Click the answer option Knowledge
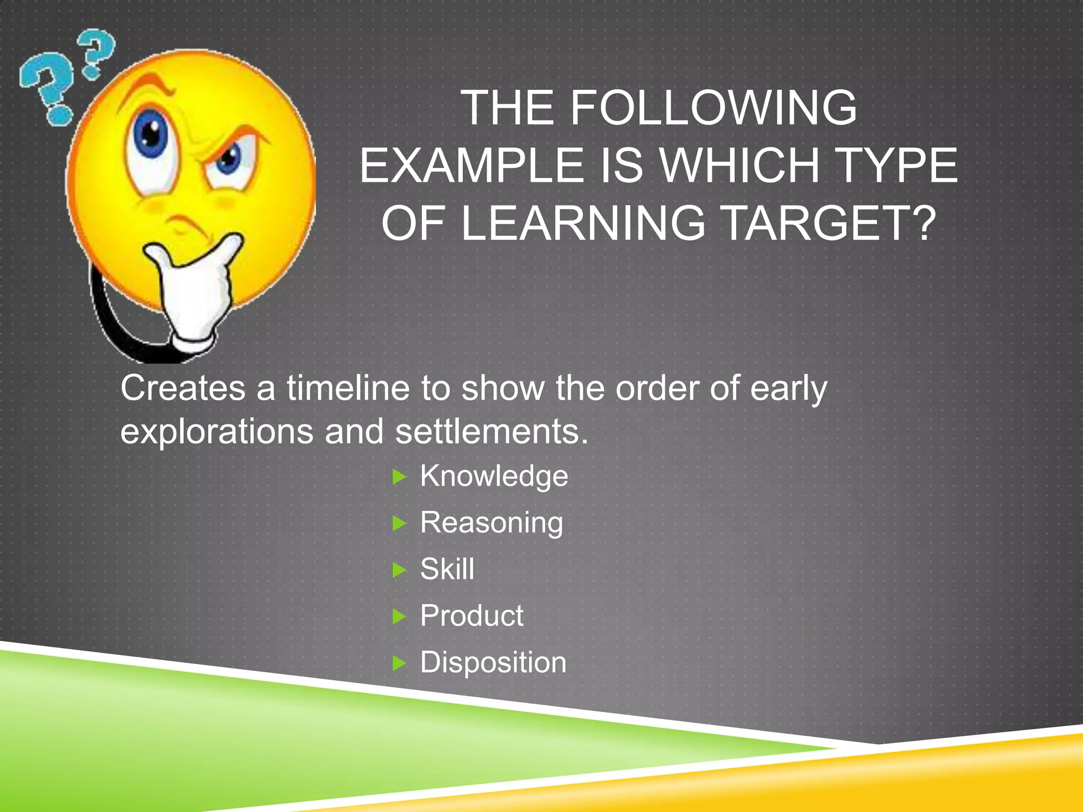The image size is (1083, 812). click(x=493, y=476)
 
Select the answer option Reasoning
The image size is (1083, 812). click(x=491, y=523)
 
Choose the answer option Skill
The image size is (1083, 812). click(x=447, y=569)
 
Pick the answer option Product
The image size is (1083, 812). click(x=471, y=616)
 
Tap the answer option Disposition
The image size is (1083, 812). click(x=493, y=662)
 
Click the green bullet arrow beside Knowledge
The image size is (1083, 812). click(x=399, y=477)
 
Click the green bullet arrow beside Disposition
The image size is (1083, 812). click(x=399, y=663)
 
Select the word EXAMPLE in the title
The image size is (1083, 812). click(x=471, y=166)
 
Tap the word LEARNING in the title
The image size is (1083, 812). click(x=583, y=224)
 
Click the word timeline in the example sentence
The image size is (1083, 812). click(x=348, y=389)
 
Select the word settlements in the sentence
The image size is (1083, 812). click(x=491, y=432)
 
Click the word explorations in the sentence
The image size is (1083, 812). click(x=217, y=432)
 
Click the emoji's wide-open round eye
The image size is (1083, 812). click(x=151, y=135)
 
